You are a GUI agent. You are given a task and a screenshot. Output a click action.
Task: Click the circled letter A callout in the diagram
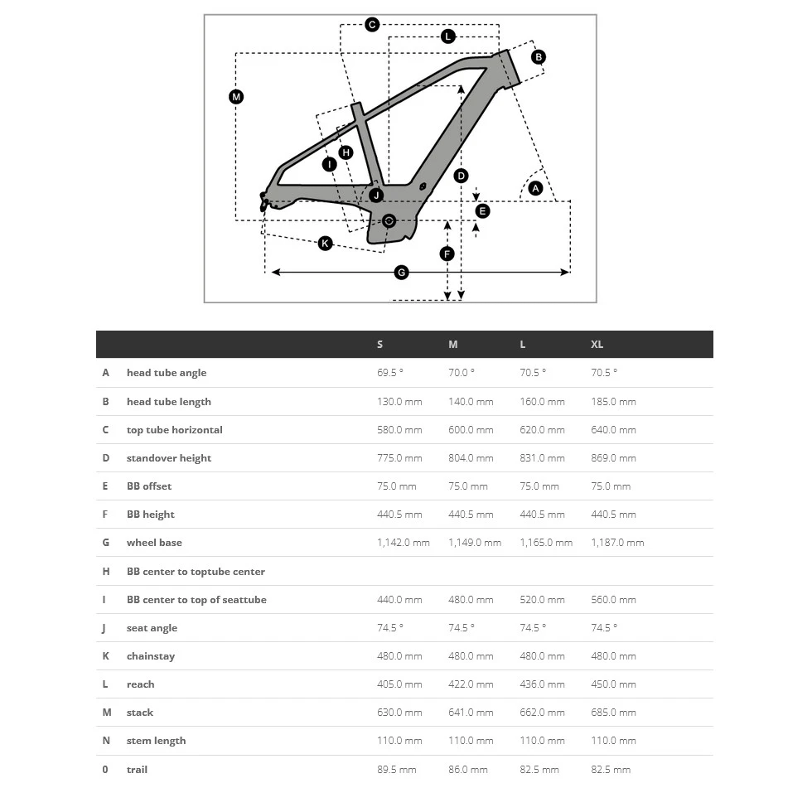(535, 189)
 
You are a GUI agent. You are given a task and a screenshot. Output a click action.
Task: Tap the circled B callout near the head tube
(539, 57)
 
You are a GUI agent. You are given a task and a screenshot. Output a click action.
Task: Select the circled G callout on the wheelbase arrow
(401, 273)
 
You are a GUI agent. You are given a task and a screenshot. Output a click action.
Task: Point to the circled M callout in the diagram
(236, 97)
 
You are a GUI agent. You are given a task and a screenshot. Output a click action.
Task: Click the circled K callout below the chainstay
(325, 243)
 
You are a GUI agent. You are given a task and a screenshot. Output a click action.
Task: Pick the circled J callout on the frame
(376, 196)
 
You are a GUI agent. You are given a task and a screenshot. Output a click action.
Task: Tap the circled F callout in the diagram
(447, 254)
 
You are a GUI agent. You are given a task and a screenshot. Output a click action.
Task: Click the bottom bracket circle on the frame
(389, 220)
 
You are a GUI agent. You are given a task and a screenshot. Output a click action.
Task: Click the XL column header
(597, 345)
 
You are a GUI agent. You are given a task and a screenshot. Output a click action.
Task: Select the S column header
(380, 345)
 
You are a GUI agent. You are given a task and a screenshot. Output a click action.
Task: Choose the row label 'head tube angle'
(167, 373)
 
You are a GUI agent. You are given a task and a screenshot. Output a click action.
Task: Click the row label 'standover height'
(169, 458)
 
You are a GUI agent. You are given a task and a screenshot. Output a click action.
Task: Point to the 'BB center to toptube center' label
(196, 572)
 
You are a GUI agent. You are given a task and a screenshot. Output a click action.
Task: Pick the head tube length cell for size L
(542, 402)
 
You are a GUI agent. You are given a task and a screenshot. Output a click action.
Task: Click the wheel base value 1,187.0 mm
(617, 543)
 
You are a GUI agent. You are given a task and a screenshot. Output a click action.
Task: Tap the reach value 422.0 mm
(471, 684)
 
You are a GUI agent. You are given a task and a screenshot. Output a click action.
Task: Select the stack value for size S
(399, 713)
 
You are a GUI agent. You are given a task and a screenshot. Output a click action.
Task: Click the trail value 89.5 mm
(397, 770)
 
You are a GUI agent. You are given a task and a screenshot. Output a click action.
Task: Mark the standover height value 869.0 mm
(613, 458)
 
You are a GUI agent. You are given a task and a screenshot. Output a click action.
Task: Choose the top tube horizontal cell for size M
(471, 430)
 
